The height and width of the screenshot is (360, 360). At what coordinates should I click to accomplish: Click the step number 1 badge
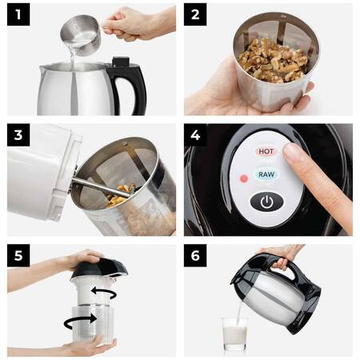click(x=18, y=14)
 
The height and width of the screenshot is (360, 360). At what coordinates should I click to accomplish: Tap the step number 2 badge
click(x=195, y=14)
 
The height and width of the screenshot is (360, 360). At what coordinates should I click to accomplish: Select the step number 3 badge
click(x=18, y=135)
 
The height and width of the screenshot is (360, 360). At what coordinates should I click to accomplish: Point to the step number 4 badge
click(x=195, y=135)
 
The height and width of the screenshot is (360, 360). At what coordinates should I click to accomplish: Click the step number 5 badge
click(x=18, y=255)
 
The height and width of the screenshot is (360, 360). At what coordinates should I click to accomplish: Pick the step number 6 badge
click(x=195, y=255)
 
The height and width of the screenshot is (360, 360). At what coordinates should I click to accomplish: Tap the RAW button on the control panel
click(x=266, y=174)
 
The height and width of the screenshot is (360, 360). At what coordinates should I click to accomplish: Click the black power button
click(x=266, y=202)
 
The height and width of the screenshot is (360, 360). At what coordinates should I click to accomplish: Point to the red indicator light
click(x=244, y=178)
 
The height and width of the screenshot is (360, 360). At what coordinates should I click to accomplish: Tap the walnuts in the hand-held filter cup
click(x=274, y=60)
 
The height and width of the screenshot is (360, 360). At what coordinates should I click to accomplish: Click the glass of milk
click(x=234, y=334)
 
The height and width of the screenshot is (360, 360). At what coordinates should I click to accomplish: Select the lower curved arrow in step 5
click(x=80, y=321)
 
